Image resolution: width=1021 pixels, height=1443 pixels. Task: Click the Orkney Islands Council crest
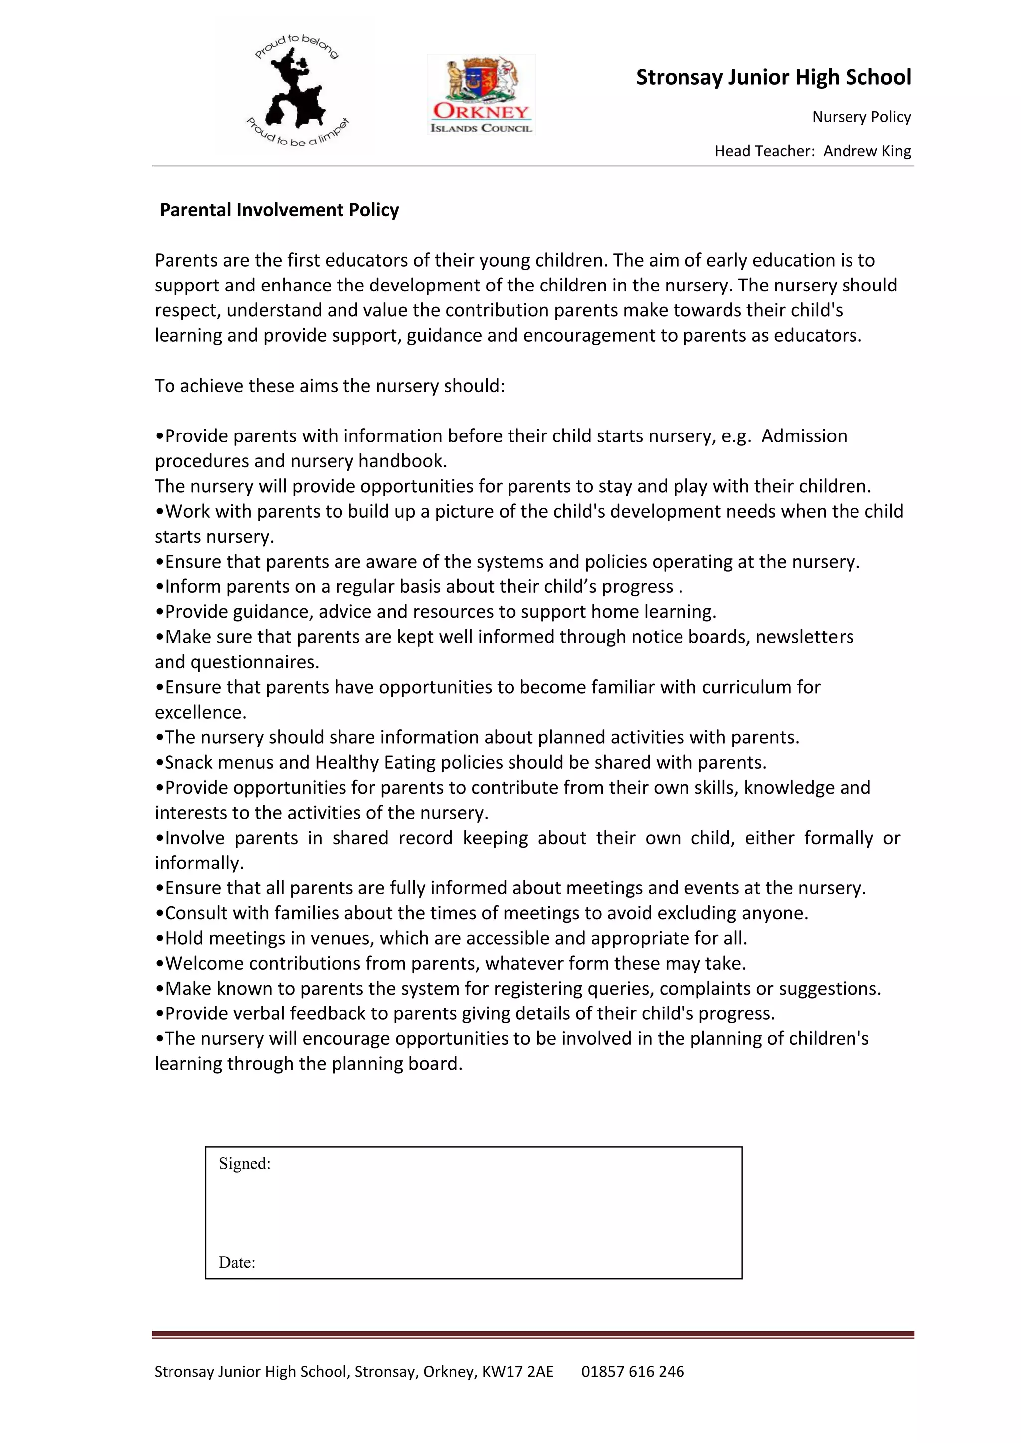pyautogui.click(x=482, y=94)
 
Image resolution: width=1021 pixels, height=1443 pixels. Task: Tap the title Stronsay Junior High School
pyautogui.click(x=773, y=77)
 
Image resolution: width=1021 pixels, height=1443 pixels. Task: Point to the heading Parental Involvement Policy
pyautogui.click(x=279, y=210)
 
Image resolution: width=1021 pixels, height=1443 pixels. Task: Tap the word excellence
pyautogui.click(x=199, y=713)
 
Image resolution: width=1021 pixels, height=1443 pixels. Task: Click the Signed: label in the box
pyautogui.click(x=245, y=1164)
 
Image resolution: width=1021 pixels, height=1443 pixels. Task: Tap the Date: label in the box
pyautogui.click(x=237, y=1263)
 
